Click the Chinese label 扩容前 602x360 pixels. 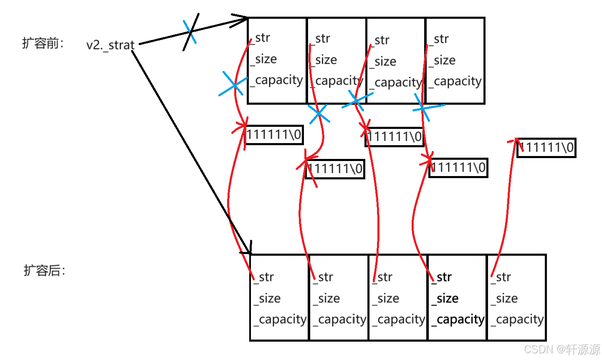43,43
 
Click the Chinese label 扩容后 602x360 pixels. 44,271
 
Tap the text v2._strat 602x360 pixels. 110,45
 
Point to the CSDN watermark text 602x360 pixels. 562,350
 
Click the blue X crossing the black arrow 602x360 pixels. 191,32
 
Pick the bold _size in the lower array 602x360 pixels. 445,299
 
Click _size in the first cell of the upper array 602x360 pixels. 264,60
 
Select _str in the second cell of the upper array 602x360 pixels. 321,39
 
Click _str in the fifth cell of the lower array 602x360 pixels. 501,277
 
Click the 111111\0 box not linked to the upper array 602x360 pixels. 546,148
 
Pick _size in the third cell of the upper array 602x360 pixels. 383,62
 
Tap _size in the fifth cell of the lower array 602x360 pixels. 505,299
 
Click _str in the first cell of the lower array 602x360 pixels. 264,277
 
